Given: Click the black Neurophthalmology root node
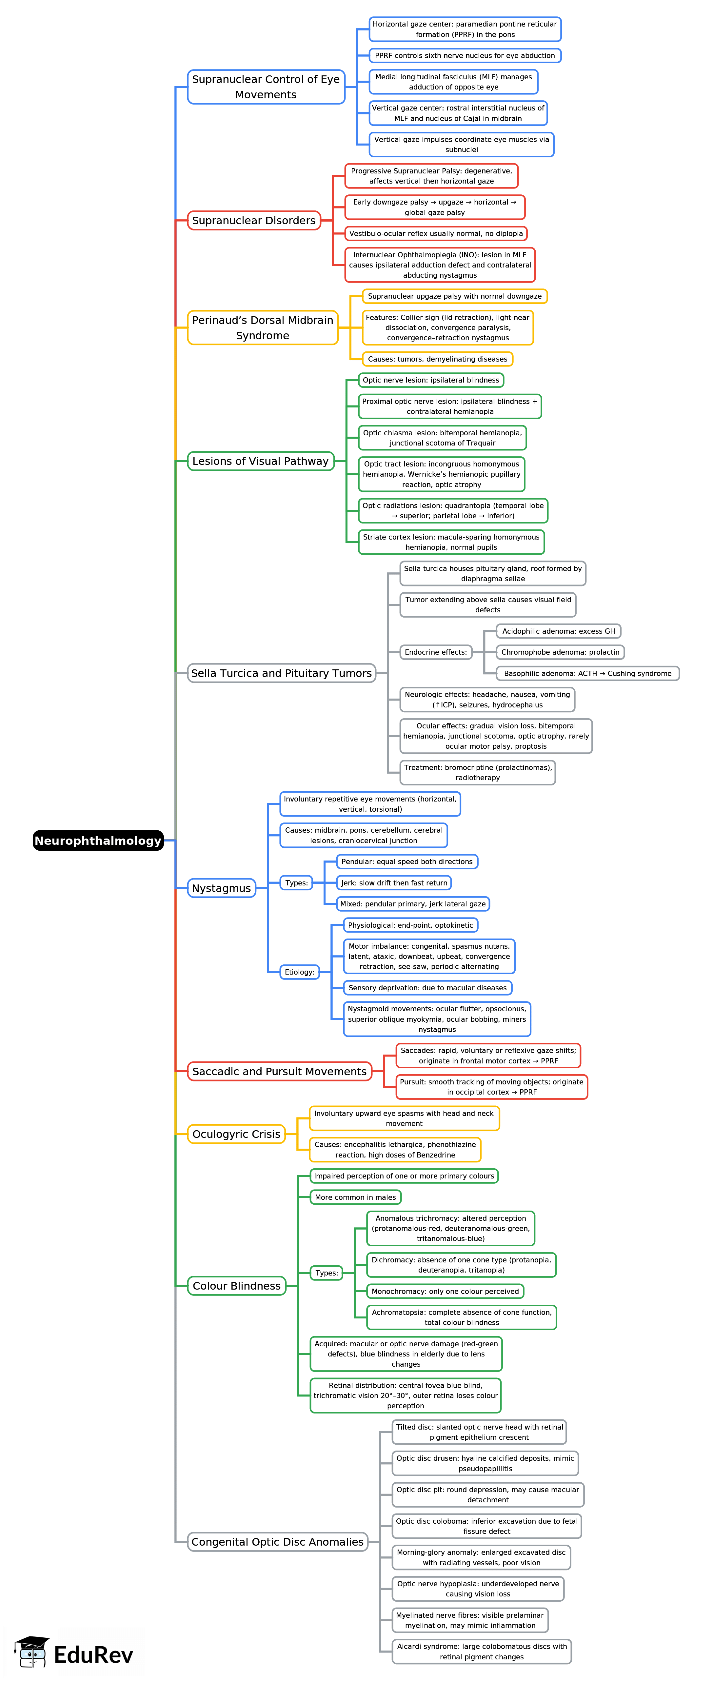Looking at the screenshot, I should coord(98,840).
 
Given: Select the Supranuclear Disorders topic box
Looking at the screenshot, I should coord(254,221).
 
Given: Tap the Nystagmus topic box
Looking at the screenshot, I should coord(221,888).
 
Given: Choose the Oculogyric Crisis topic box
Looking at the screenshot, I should coord(236,1134).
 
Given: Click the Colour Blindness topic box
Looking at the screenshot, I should coord(236,1286).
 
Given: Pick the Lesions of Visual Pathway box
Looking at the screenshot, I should coord(260,461).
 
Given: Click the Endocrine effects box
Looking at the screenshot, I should coord(436,652).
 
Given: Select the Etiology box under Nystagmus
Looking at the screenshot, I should coord(299,972).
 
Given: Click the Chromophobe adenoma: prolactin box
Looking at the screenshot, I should coord(560,652).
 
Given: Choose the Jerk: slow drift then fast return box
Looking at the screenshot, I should coord(394,883).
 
